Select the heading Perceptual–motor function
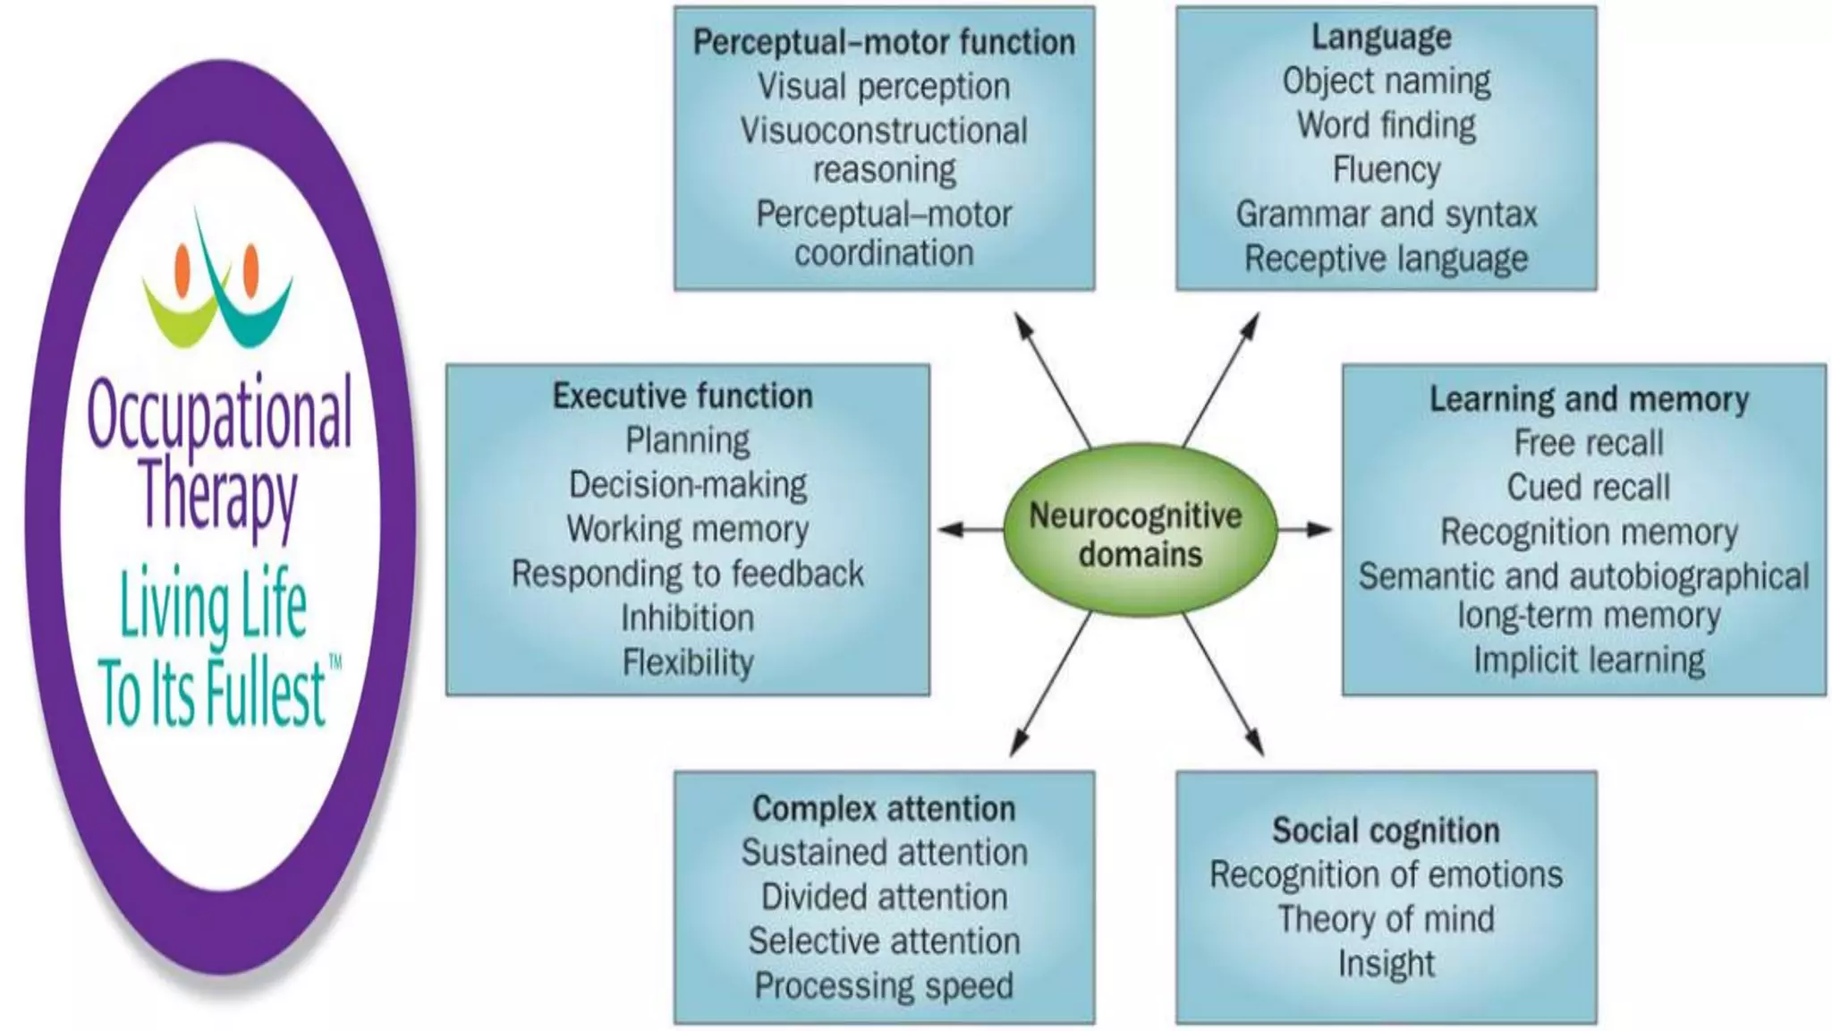pyautogui.click(x=884, y=42)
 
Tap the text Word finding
pyautogui.click(x=1386, y=125)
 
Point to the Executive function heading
pyautogui.click(x=683, y=396)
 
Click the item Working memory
pyautogui.click(x=687, y=529)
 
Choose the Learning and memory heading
pyautogui.click(x=1589, y=399)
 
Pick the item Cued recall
pyautogui.click(x=1588, y=488)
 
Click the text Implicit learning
pyautogui.click(x=1589, y=660)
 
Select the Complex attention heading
pyautogui.click(x=884, y=808)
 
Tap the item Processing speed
pyautogui.click(x=884, y=985)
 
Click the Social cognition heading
pyautogui.click(x=1386, y=831)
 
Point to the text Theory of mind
pyautogui.click(x=1386, y=919)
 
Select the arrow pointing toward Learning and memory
pyautogui.click(x=1305, y=530)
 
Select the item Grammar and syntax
pyautogui.click(x=1386, y=215)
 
